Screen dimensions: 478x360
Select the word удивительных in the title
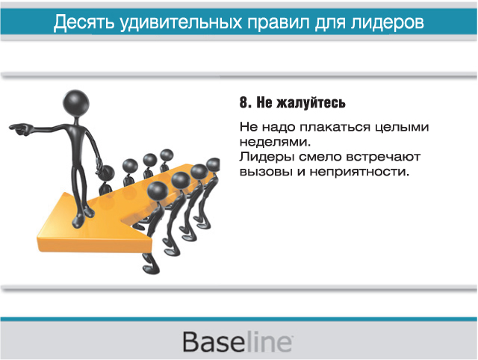181,22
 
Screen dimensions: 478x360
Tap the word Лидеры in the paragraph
267,158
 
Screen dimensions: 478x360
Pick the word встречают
383,158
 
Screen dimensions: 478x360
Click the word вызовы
267,173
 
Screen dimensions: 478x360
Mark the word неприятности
359,173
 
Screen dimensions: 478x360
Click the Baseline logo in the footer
238,342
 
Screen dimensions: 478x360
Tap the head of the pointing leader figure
76,102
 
